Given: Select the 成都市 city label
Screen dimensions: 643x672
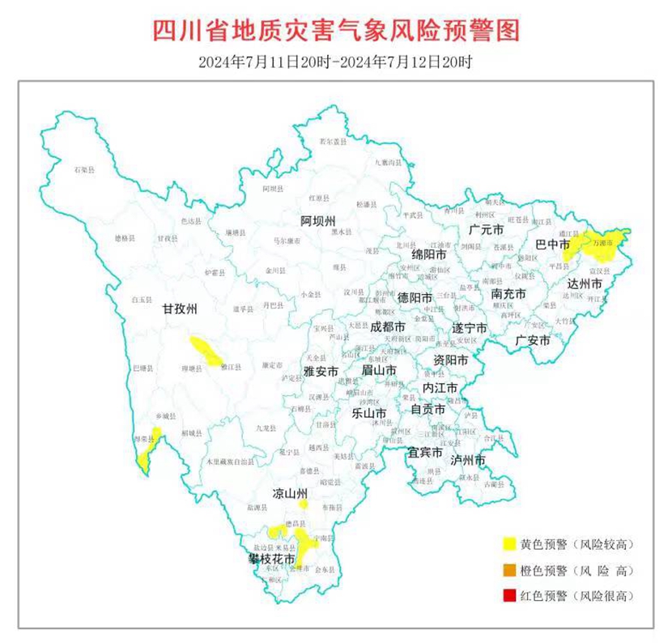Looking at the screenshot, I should [387, 327].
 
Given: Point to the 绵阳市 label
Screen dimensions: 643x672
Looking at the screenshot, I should [429, 253].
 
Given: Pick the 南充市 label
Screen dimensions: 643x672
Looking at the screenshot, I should [508, 295].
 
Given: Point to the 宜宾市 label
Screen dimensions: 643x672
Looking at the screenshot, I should [425, 451].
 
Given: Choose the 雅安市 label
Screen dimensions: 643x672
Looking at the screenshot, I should [321, 370].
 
